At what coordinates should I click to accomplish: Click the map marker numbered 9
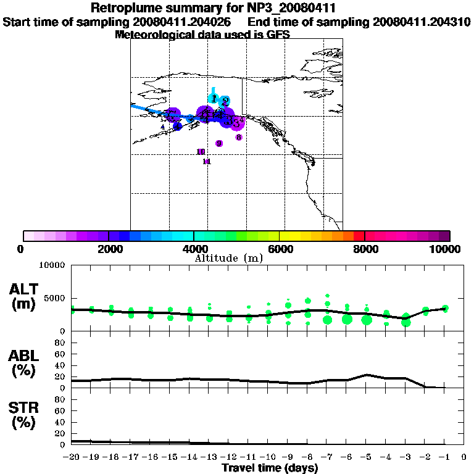[x=219, y=143]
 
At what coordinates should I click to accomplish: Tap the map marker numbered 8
[x=239, y=137]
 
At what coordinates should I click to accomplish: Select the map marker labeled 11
[x=207, y=162]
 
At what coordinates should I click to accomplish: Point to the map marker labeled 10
[x=201, y=152]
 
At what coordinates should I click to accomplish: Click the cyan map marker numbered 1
[x=214, y=99]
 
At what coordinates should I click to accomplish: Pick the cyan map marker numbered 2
[x=225, y=101]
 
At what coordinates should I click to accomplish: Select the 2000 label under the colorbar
[x=109, y=249]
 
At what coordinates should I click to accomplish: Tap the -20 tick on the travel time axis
[x=72, y=457]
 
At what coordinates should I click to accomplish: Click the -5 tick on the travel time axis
[x=367, y=457]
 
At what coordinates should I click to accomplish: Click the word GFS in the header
[x=278, y=35]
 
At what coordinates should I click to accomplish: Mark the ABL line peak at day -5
[x=367, y=375]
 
